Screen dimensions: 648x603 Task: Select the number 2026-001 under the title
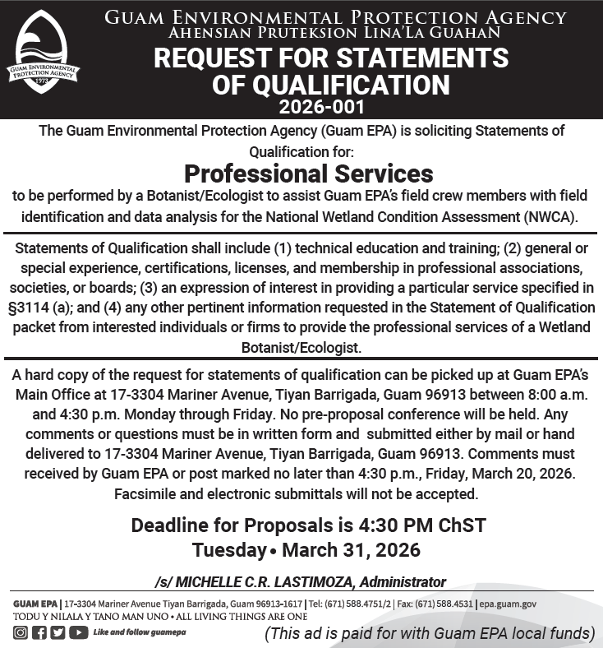(x=321, y=107)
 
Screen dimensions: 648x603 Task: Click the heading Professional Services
(x=308, y=174)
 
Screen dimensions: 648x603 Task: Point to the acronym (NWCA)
(x=546, y=218)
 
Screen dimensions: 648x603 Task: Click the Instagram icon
(x=20, y=632)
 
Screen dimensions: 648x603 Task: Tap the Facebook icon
(x=39, y=632)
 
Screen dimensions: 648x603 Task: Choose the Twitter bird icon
(x=58, y=632)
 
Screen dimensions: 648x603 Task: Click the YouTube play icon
(x=78, y=632)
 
